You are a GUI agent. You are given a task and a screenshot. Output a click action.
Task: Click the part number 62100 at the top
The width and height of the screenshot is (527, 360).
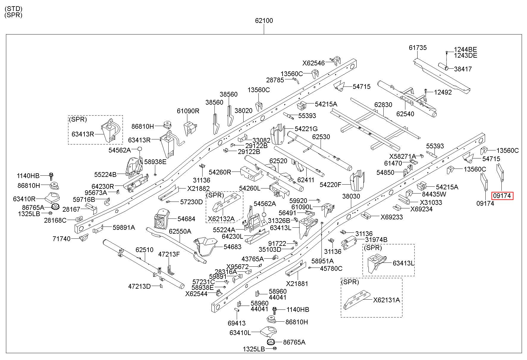(264, 21)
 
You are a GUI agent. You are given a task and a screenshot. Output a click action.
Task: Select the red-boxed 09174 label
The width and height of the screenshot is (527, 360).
(502, 196)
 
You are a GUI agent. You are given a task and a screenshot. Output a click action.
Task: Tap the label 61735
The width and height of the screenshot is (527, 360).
(418, 48)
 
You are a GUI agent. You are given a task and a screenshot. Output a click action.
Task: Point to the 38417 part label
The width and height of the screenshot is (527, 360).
(463, 69)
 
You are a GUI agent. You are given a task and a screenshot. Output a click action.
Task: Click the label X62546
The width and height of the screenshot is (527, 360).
(314, 63)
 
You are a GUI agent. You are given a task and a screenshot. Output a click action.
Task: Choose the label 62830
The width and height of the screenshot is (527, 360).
(383, 105)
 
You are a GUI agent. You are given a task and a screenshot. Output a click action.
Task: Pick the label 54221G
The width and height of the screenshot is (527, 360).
(306, 129)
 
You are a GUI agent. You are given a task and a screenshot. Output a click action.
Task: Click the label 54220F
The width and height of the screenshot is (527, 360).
(331, 185)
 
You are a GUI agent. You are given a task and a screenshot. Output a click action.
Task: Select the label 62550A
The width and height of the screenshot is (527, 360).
(180, 231)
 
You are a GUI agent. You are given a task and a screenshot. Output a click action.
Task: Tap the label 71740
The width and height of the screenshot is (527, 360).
(62, 239)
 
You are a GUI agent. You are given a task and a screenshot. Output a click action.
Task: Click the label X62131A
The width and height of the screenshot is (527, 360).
(387, 300)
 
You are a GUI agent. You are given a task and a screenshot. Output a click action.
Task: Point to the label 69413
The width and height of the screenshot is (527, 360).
(236, 323)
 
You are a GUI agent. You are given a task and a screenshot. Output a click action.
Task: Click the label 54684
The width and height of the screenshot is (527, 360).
(186, 219)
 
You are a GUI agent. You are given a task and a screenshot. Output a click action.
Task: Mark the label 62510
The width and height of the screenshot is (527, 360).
(145, 250)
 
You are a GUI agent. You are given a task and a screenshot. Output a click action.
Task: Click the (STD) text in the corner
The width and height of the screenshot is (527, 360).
(13, 9)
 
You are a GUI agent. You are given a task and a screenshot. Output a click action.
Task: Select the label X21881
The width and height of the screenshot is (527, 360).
(297, 284)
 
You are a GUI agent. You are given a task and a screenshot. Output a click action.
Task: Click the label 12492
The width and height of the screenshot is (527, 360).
(443, 92)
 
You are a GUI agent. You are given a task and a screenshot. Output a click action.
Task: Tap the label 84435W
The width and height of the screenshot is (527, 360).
(434, 194)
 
